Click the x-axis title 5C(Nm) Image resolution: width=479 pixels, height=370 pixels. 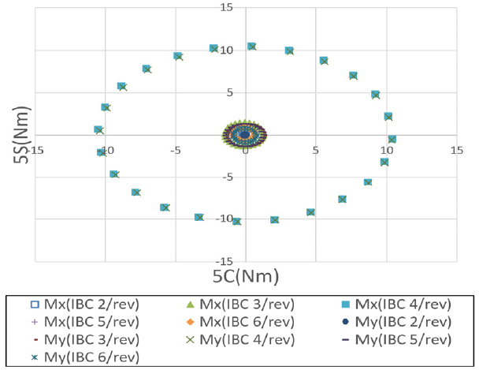tap(246, 275)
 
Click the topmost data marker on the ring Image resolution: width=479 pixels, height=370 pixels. tap(251, 47)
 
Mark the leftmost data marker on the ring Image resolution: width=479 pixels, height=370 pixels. tap(98, 129)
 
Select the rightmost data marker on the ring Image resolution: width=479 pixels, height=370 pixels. tap(392, 139)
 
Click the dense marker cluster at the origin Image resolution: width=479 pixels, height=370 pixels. tap(246, 135)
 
